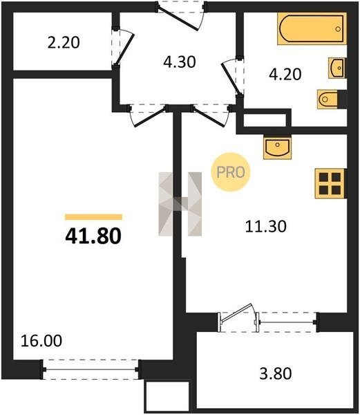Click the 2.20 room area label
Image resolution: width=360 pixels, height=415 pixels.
coord(64,43)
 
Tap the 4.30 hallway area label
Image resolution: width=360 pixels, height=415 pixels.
coord(180,62)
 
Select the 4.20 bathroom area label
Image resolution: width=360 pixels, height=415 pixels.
coord(285,74)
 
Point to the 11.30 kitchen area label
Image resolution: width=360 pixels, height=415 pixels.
coord(265,227)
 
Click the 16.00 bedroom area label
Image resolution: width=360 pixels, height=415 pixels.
coord(41,340)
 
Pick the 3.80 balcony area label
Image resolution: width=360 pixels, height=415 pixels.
coord(276,373)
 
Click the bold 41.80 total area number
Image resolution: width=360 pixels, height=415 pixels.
coord(93,236)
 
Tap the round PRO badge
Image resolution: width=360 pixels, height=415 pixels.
coord(231,172)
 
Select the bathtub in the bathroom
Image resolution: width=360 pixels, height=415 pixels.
coord(312,28)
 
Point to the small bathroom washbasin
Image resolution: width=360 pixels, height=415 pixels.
coord(337,68)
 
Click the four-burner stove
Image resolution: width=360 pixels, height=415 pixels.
coord(330,183)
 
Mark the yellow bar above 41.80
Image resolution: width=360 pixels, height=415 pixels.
coord(93,217)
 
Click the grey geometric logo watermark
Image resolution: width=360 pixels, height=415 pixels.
coord(180,204)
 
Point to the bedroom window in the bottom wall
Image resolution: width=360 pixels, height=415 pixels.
coord(90,369)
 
